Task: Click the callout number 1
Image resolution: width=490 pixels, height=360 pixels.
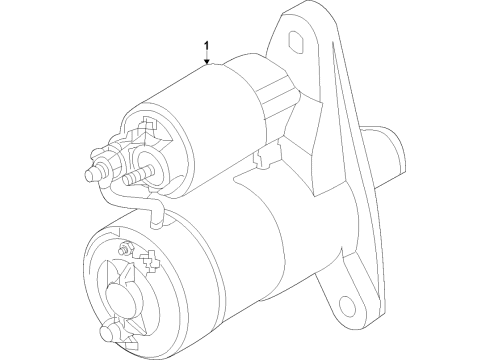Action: [207, 46]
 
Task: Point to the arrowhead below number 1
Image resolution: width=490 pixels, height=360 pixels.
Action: [207, 63]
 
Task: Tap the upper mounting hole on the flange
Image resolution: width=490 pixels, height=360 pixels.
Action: [298, 41]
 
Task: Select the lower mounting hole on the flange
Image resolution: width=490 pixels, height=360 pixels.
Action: [344, 304]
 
